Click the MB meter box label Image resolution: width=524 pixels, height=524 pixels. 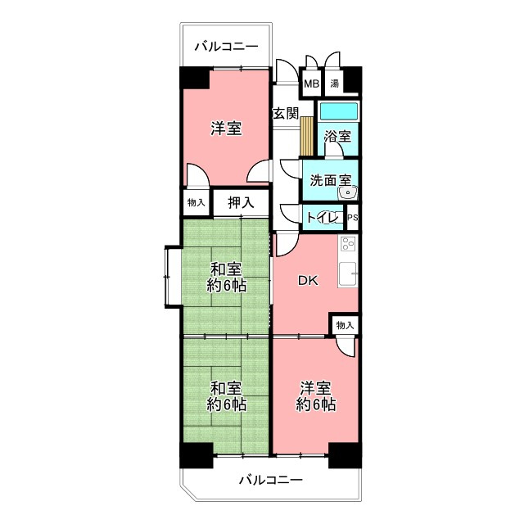(x=311, y=84)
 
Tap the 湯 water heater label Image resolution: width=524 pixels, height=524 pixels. (x=335, y=84)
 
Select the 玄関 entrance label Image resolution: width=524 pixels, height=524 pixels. (x=286, y=114)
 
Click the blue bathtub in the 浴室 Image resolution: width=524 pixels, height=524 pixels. (x=339, y=111)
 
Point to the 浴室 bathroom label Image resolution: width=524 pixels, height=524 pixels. (x=338, y=137)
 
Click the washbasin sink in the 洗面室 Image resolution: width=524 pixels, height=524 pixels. (x=347, y=193)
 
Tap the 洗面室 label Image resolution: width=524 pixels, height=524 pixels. (x=331, y=180)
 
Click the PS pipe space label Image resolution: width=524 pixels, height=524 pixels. (x=353, y=218)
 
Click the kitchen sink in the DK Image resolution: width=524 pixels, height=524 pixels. (x=348, y=274)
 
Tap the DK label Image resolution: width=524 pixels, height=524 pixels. (x=308, y=281)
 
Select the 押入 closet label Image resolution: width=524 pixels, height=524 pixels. (x=241, y=202)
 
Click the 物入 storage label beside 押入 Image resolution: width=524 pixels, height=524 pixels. (x=196, y=202)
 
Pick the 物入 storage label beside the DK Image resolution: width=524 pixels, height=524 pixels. (x=345, y=325)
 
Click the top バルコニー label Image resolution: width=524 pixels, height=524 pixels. (x=226, y=47)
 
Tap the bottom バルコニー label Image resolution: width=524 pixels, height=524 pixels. (x=271, y=481)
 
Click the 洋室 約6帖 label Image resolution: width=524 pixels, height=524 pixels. (x=316, y=396)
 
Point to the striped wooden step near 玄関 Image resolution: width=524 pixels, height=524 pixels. (x=306, y=136)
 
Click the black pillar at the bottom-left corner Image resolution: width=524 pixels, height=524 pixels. (x=196, y=455)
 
